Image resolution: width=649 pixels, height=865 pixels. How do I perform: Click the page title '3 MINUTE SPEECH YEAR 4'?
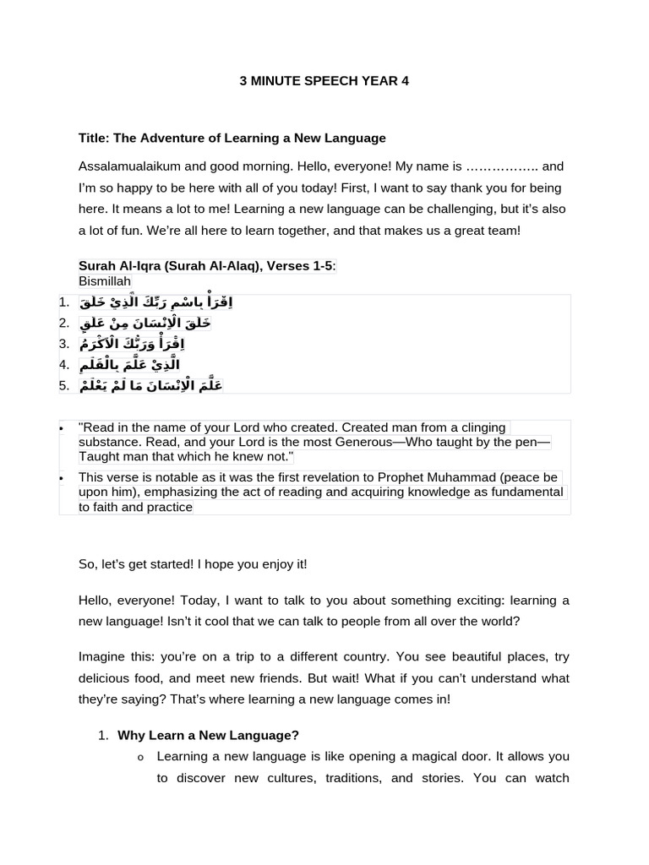[x=324, y=81]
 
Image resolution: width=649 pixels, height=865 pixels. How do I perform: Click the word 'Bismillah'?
[x=105, y=281]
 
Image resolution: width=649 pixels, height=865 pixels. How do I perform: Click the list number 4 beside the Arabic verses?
[x=64, y=365]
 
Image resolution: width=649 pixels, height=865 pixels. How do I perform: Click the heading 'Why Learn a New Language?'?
[x=208, y=736]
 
